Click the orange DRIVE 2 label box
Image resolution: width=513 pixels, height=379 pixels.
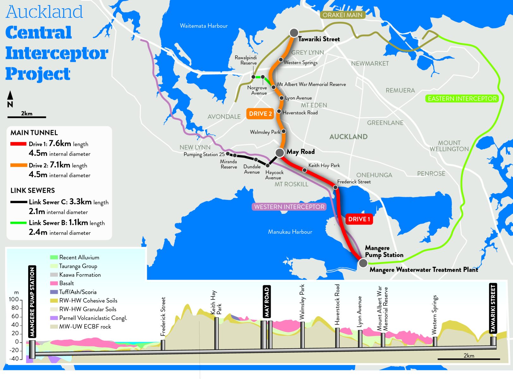click(x=260, y=114)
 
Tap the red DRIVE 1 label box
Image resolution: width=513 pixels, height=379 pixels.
click(x=359, y=219)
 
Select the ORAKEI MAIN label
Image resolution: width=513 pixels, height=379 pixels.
click(x=342, y=15)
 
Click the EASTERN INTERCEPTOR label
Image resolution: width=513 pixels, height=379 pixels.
click(x=462, y=99)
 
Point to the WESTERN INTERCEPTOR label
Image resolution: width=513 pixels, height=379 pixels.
click(x=289, y=207)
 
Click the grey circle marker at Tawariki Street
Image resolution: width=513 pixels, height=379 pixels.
click(x=294, y=33)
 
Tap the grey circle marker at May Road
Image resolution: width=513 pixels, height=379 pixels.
click(x=280, y=153)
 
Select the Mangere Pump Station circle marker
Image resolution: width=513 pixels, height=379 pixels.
click(x=363, y=262)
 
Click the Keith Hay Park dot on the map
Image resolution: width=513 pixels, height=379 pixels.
click(x=304, y=170)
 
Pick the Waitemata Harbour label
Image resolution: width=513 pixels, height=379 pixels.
click(x=204, y=26)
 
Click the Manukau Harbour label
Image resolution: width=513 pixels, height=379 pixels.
click(x=290, y=232)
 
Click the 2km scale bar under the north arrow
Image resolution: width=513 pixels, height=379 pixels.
click(x=27, y=117)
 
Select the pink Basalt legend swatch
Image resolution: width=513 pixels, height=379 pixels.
click(x=54, y=283)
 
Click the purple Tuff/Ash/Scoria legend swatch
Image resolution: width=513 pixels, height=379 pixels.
click(x=54, y=292)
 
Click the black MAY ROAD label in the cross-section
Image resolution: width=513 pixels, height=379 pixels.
click(x=267, y=301)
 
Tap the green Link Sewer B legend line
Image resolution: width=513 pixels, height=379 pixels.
click(x=18, y=223)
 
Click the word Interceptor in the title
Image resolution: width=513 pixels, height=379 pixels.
click(x=57, y=53)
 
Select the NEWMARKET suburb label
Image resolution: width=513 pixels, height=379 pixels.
click(x=370, y=63)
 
